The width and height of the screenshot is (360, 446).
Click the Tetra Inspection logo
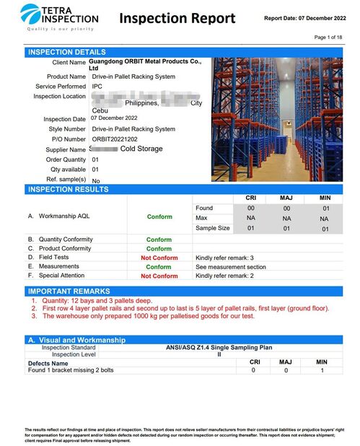click(61, 17)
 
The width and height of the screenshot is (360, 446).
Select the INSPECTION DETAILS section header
click(67, 52)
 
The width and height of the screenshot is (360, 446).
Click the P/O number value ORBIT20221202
click(114, 139)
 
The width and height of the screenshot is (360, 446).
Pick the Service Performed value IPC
click(97, 86)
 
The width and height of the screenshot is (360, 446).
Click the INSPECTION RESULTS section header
click(68, 189)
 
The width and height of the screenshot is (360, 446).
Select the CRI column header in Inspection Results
click(251, 198)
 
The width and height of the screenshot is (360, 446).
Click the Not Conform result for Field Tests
click(159, 258)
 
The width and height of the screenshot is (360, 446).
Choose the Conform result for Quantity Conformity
click(159, 240)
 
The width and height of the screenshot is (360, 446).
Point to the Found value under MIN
click(324, 208)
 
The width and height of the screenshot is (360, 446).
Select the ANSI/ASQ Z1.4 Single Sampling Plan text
click(219, 347)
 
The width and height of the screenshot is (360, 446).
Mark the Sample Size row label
click(213, 228)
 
